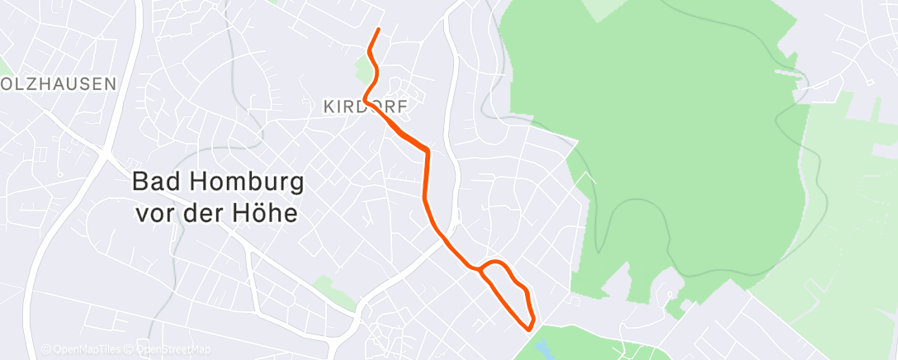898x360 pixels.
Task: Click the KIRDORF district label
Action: coord(365,107)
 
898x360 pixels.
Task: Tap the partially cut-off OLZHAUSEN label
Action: coord(58,84)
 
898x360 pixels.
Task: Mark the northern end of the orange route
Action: coord(378,30)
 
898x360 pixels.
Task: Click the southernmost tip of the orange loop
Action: coord(529,329)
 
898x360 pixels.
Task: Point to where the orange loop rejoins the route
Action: coord(480,268)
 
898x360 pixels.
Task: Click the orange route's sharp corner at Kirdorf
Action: coord(364,101)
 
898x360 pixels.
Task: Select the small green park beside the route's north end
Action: coord(364,69)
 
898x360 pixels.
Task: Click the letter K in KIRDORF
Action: coord(328,107)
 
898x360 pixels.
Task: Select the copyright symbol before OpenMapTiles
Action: coord(45,350)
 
